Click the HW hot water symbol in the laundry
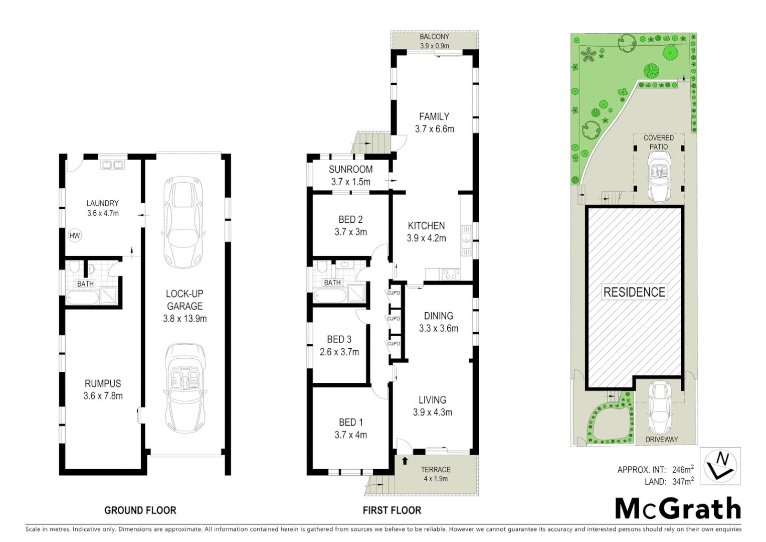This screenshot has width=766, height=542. pyautogui.click(x=74, y=235)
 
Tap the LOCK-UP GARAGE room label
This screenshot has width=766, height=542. pyautogui.click(x=184, y=300)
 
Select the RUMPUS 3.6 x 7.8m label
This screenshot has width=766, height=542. pyautogui.click(x=103, y=389)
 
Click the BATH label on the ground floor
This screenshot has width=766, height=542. pyautogui.click(x=85, y=284)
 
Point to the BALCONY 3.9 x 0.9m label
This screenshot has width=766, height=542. pyautogui.click(x=434, y=41)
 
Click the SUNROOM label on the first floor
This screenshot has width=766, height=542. pyautogui.click(x=350, y=170)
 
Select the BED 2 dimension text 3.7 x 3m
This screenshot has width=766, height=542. pyautogui.click(x=350, y=232)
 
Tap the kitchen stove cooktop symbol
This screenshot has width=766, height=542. pyautogui.click(x=449, y=274)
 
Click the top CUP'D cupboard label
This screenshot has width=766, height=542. pyautogui.click(x=394, y=293)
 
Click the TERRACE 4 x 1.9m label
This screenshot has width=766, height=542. pyautogui.click(x=435, y=474)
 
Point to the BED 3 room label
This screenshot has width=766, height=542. pyautogui.click(x=339, y=340)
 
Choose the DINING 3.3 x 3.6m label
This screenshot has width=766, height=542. pyautogui.click(x=439, y=322)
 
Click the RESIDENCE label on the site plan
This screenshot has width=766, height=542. pyautogui.click(x=634, y=292)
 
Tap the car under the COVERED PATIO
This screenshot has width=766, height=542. pyautogui.click(x=658, y=176)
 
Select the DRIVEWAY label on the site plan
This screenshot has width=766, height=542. pyautogui.click(x=661, y=439)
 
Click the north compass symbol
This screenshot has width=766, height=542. pyautogui.click(x=720, y=465)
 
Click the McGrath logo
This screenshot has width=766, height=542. pyautogui.click(x=678, y=509)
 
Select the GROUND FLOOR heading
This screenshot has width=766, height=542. pyautogui.click(x=140, y=510)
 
